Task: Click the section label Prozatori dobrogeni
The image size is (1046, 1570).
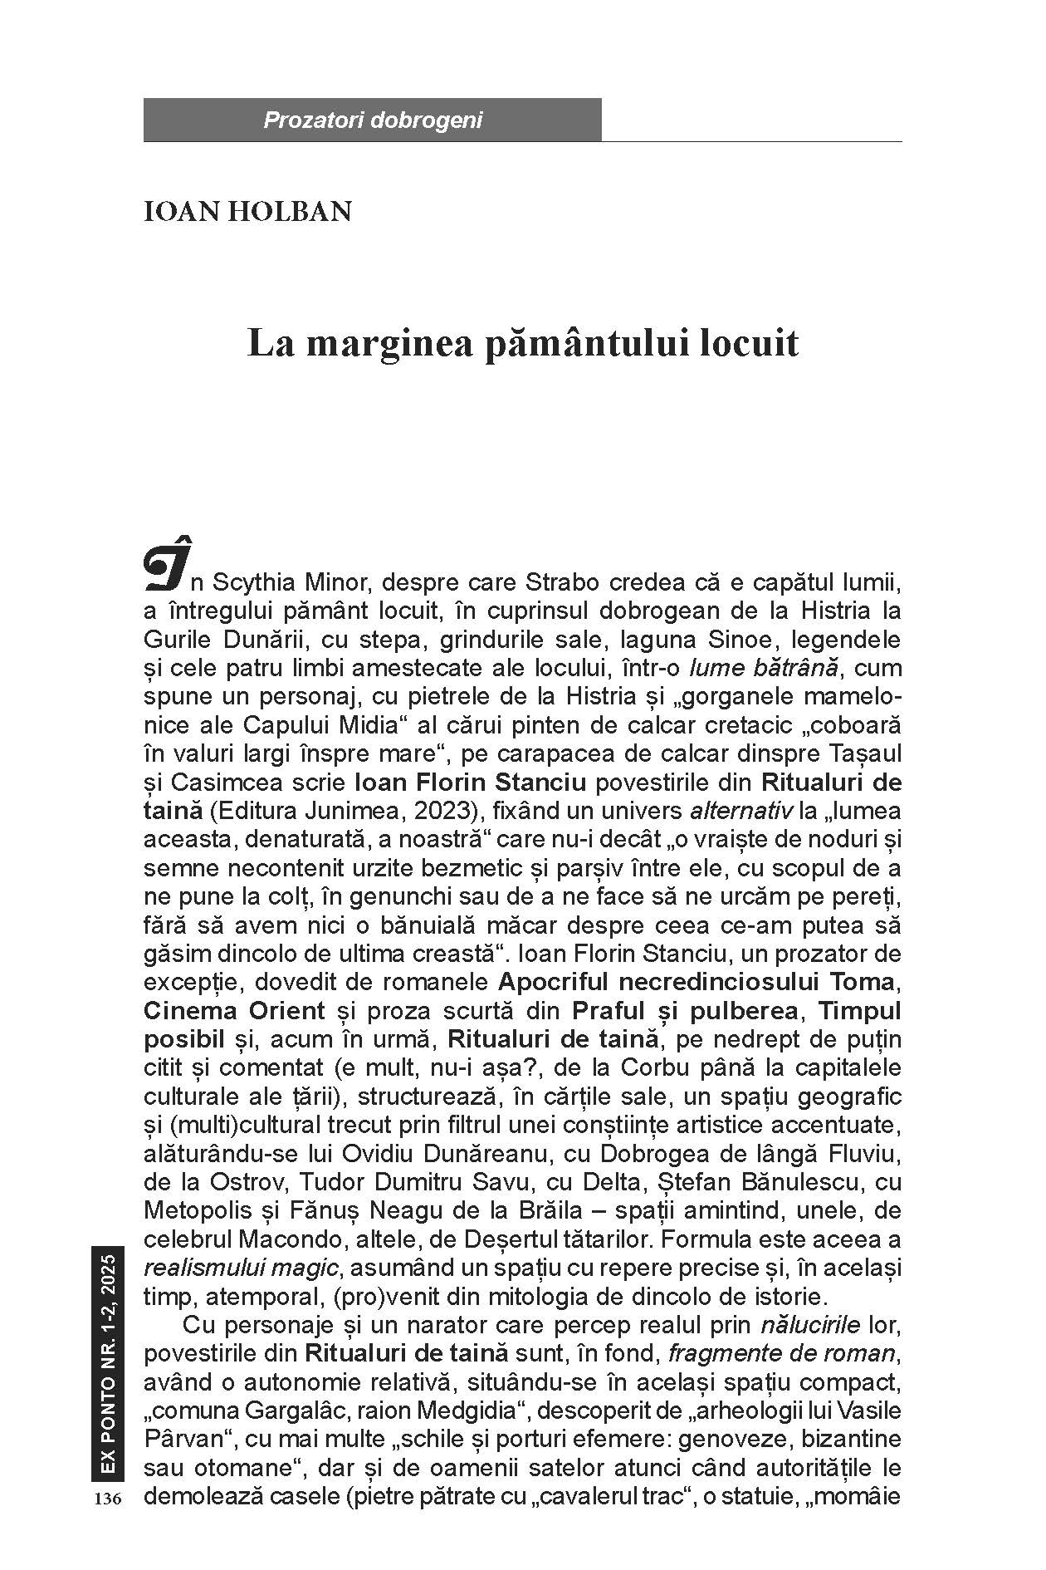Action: point(373,120)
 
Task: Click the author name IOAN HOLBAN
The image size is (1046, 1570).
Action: point(247,211)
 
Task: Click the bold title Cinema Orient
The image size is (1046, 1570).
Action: point(234,1011)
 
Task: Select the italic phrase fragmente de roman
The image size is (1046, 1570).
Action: point(782,1354)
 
